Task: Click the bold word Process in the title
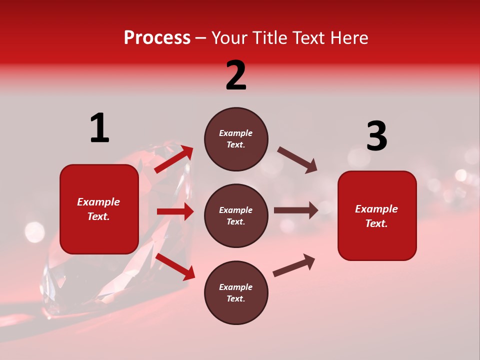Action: [x=157, y=38]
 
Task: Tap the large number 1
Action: [x=99, y=128]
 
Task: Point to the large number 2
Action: [x=236, y=75]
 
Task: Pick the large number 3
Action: [x=376, y=136]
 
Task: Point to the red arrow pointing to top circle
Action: [x=174, y=159]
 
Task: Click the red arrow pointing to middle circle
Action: [x=175, y=211]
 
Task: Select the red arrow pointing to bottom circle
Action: [x=175, y=266]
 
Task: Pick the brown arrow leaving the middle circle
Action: [x=296, y=210]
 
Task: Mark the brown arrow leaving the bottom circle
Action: [x=294, y=265]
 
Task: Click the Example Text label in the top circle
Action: [x=236, y=139]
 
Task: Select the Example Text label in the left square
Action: [x=99, y=209]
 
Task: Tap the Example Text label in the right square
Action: [x=376, y=216]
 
